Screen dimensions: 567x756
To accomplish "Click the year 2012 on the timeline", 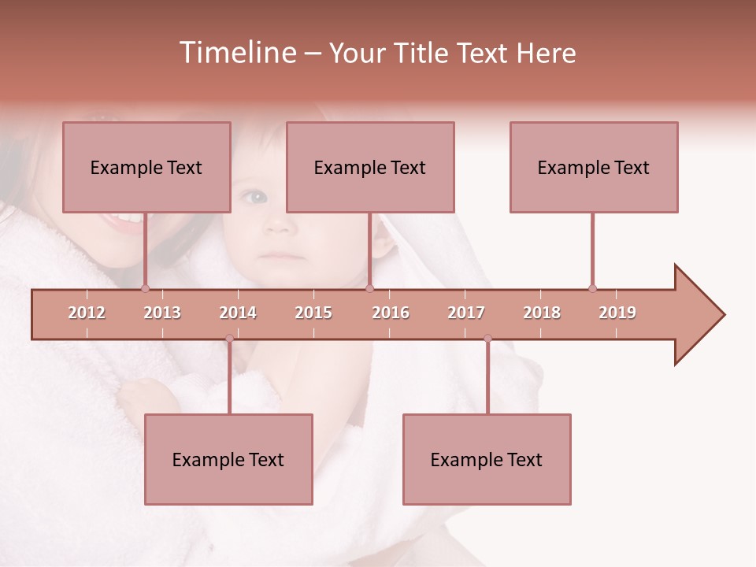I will tap(87, 313).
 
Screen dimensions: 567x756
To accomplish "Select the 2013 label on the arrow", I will tap(162, 313).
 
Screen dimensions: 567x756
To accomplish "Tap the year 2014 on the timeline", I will tap(238, 313).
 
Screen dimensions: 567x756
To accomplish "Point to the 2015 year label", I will tap(313, 313).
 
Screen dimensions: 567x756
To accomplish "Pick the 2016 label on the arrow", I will tap(391, 313).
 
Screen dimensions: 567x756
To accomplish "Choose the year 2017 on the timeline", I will tap(466, 313).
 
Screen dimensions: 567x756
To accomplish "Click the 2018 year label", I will tap(542, 313).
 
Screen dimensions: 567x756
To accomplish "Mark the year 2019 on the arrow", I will tap(617, 313).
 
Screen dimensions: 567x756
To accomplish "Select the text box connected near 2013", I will tap(146, 167).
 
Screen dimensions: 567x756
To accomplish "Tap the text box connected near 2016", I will tap(370, 167).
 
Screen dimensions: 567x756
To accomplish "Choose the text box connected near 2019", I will tap(594, 167).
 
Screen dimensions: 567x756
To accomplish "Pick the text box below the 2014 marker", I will tap(228, 459).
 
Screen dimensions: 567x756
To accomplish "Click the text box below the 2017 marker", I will tap(487, 459).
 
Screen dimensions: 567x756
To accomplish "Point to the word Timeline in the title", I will tap(236, 53).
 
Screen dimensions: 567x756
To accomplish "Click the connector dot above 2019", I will tap(592, 288).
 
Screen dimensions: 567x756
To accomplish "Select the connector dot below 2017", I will tap(487, 339).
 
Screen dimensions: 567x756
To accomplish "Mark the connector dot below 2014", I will tap(229, 339).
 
